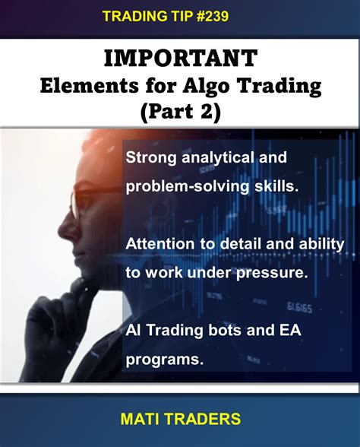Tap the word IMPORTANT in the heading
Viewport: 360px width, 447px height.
pyautogui.click(x=179, y=59)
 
